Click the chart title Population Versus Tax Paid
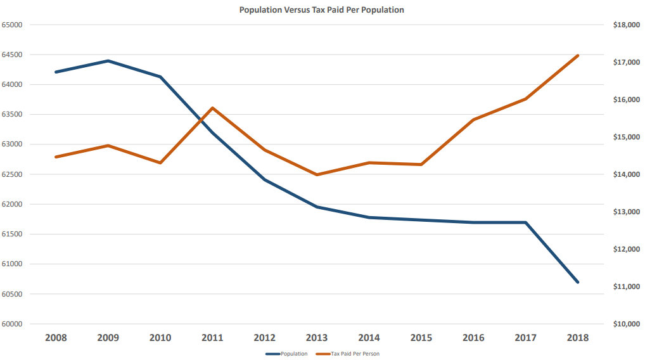(x=321, y=10)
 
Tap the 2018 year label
(x=577, y=338)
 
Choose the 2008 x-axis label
(x=56, y=338)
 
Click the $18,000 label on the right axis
(x=624, y=25)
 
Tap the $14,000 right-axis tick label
(x=624, y=174)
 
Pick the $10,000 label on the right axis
(x=624, y=324)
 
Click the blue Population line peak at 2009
(x=108, y=61)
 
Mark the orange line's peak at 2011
(x=212, y=108)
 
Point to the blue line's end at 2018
(x=577, y=282)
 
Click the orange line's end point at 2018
(x=577, y=56)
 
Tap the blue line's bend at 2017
(x=525, y=222)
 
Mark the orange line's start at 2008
(x=56, y=157)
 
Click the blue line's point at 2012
(x=264, y=180)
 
